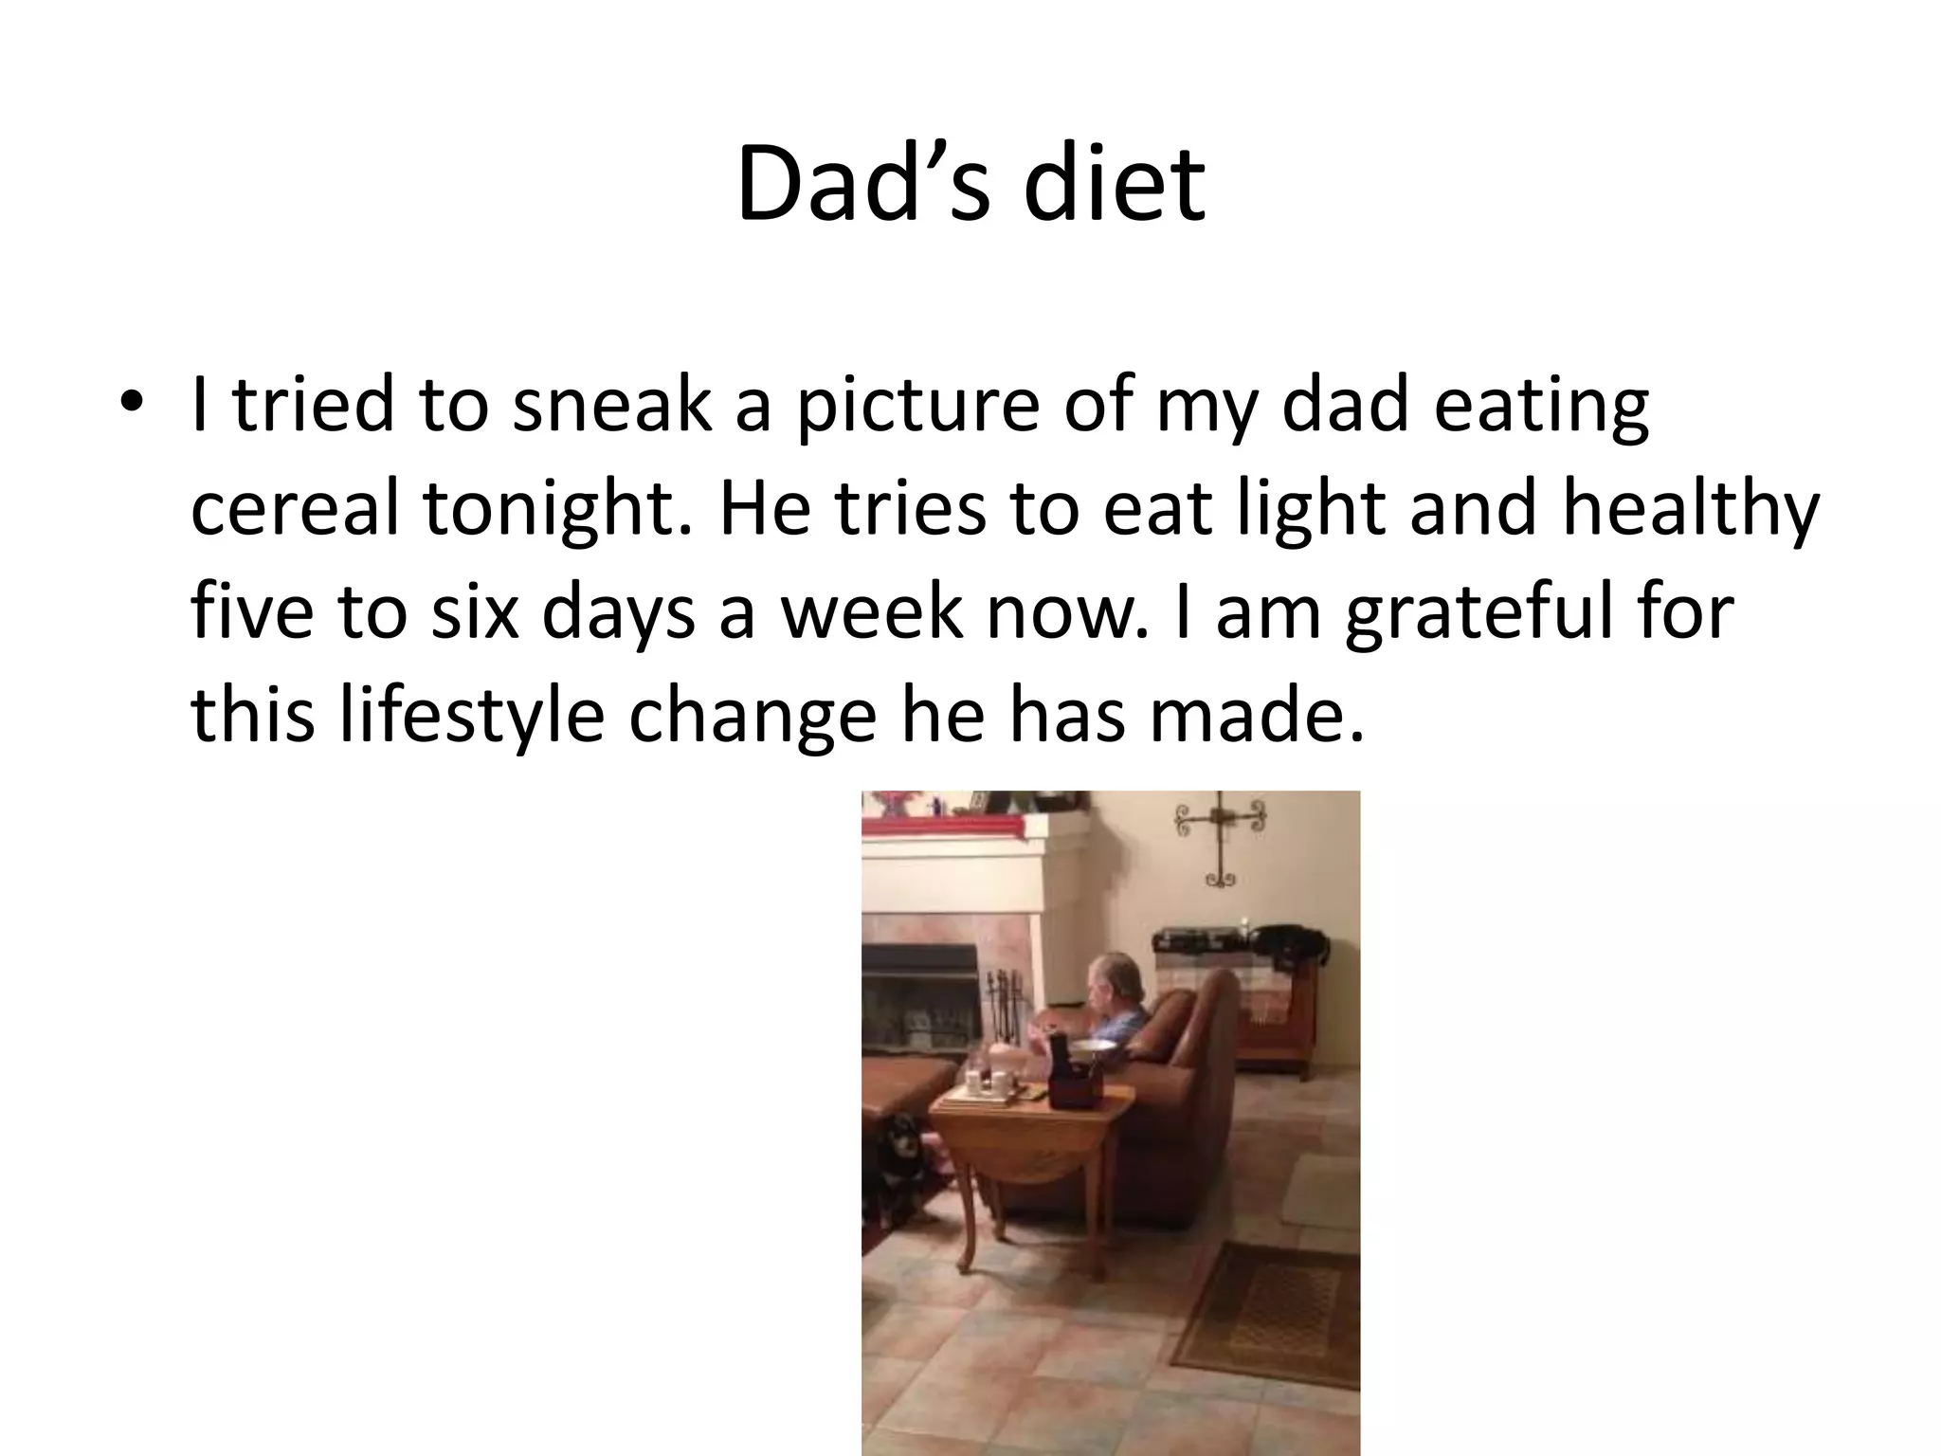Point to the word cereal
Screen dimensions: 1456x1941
pos(295,507)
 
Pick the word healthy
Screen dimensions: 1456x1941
pos(1691,509)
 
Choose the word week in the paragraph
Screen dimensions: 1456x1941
pos(871,611)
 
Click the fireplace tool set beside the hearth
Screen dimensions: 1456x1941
pos(996,1005)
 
